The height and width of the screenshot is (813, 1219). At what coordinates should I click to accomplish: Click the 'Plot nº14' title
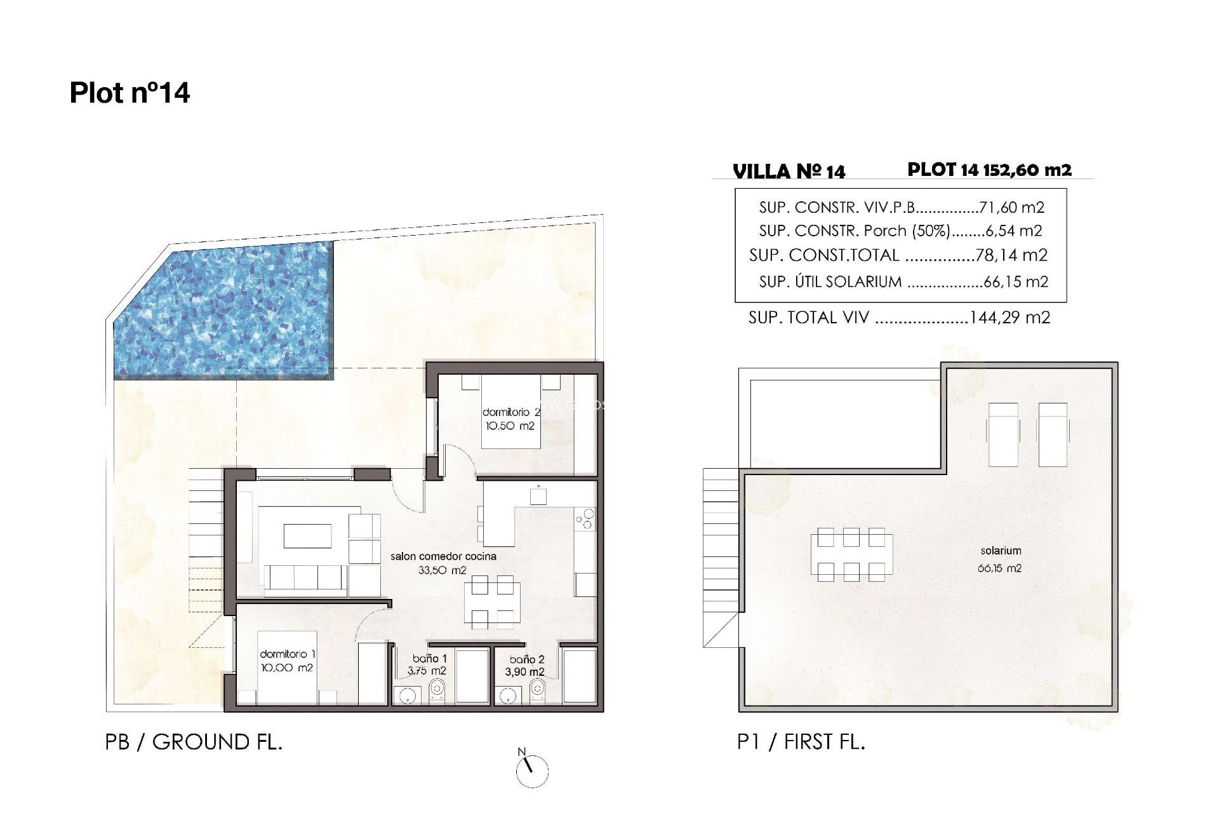pos(130,93)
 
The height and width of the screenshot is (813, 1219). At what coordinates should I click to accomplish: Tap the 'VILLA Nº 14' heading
pos(789,171)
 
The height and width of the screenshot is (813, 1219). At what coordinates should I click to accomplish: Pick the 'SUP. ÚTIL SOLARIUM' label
pos(830,281)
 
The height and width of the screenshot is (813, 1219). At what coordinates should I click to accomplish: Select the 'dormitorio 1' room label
pos(287,654)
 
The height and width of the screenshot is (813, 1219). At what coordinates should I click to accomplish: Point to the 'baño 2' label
pos(526,660)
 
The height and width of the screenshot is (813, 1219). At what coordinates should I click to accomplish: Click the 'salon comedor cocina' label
pos(443,556)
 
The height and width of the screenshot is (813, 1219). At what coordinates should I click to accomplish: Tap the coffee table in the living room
pos(307,535)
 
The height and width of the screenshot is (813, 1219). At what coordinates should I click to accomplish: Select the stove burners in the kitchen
pos(585,518)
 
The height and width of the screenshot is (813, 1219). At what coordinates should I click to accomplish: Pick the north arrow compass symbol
pos(531,770)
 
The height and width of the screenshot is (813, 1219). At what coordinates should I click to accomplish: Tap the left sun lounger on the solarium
pos(1003,434)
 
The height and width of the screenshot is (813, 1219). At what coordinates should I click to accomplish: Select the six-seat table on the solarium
pos(851,554)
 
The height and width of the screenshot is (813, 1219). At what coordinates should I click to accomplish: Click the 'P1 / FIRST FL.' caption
pos(801,742)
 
